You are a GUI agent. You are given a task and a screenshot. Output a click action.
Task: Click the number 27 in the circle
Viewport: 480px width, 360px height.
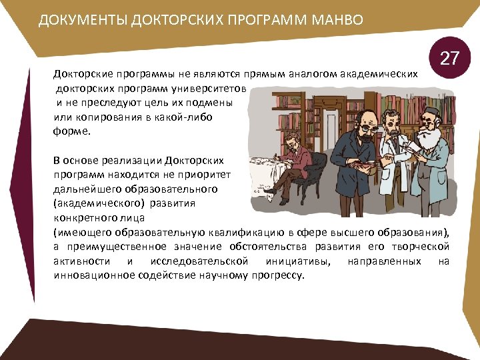(x=450, y=59)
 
